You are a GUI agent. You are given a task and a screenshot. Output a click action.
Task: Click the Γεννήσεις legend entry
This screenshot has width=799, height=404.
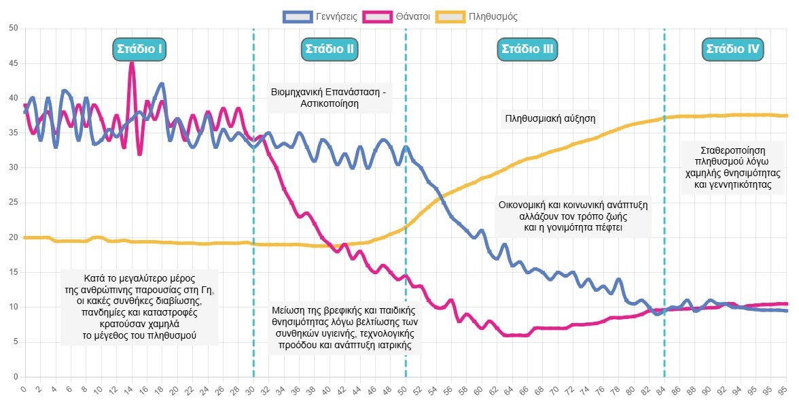click(321, 16)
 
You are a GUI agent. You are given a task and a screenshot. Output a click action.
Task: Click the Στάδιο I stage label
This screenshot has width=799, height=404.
click(139, 49)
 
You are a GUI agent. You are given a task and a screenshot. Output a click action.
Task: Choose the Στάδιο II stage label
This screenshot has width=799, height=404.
click(330, 49)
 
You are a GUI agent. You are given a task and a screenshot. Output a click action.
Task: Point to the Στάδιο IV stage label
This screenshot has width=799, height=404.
click(733, 49)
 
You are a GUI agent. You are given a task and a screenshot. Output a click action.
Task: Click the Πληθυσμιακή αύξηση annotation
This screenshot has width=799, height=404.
click(550, 119)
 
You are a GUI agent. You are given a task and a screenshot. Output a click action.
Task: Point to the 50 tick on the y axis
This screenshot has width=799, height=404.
click(12, 29)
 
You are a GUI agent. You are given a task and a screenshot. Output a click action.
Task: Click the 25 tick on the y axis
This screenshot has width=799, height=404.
click(12, 203)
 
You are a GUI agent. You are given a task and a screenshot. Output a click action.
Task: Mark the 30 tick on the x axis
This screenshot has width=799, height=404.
click(252, 390)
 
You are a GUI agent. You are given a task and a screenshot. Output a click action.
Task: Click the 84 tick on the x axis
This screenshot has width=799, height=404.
click(662, 390)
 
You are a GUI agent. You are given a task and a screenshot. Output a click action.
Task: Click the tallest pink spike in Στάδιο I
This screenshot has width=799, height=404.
click(132, 63)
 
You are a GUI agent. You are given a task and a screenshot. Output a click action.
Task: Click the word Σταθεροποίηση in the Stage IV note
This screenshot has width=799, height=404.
click(732, 150)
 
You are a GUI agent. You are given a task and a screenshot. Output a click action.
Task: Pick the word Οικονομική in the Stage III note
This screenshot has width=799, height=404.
click(522, 204)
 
